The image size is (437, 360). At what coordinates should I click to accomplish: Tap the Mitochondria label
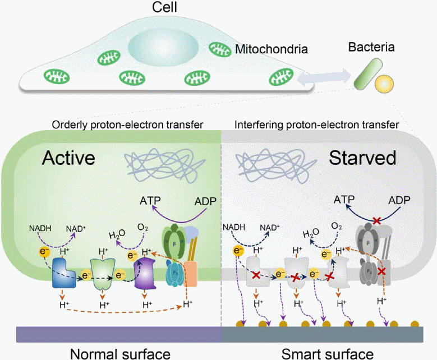click(x=272, y=50)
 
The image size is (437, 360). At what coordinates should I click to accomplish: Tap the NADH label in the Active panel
click(x=39, y=228)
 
